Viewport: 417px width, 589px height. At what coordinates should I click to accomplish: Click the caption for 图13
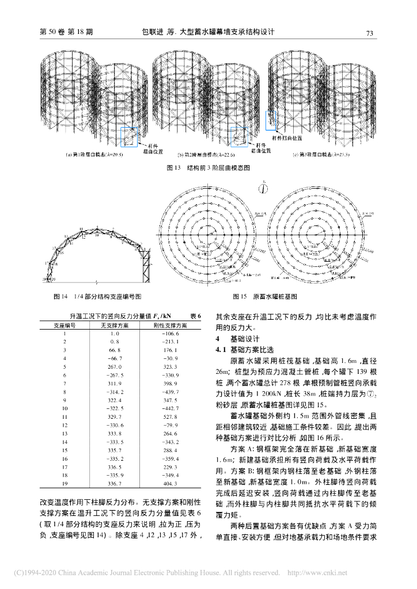208,168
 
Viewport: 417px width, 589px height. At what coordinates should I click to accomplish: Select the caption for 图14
97,296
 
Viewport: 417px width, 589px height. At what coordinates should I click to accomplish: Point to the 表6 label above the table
195,316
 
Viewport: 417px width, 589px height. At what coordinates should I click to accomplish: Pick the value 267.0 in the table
114,366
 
